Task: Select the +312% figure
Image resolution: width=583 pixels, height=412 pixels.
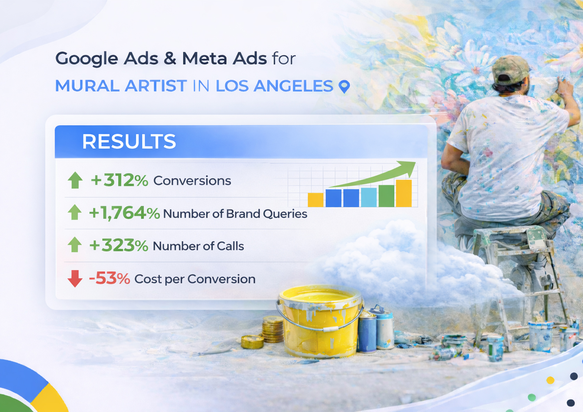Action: (119, 180)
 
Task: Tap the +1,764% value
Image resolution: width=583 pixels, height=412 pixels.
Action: (124, 213)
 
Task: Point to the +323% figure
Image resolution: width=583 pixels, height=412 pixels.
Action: (119, 245)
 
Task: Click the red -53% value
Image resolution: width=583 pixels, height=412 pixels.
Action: (109, 278)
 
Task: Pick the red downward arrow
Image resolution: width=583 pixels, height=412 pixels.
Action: (75, 278)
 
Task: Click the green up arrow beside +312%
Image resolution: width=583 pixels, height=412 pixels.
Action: (75, 180)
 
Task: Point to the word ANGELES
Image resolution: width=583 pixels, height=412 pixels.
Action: (293, 86)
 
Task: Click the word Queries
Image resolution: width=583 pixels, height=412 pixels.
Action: (285, 214)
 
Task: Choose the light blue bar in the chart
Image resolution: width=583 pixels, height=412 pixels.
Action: (369, 197)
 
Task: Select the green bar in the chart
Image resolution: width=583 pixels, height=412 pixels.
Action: (386, 196)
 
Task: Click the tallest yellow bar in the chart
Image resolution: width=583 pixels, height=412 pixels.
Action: (404, 193)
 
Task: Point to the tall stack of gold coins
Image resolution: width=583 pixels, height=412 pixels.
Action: (272, 329)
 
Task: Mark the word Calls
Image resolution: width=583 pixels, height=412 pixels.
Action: (230, 246)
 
